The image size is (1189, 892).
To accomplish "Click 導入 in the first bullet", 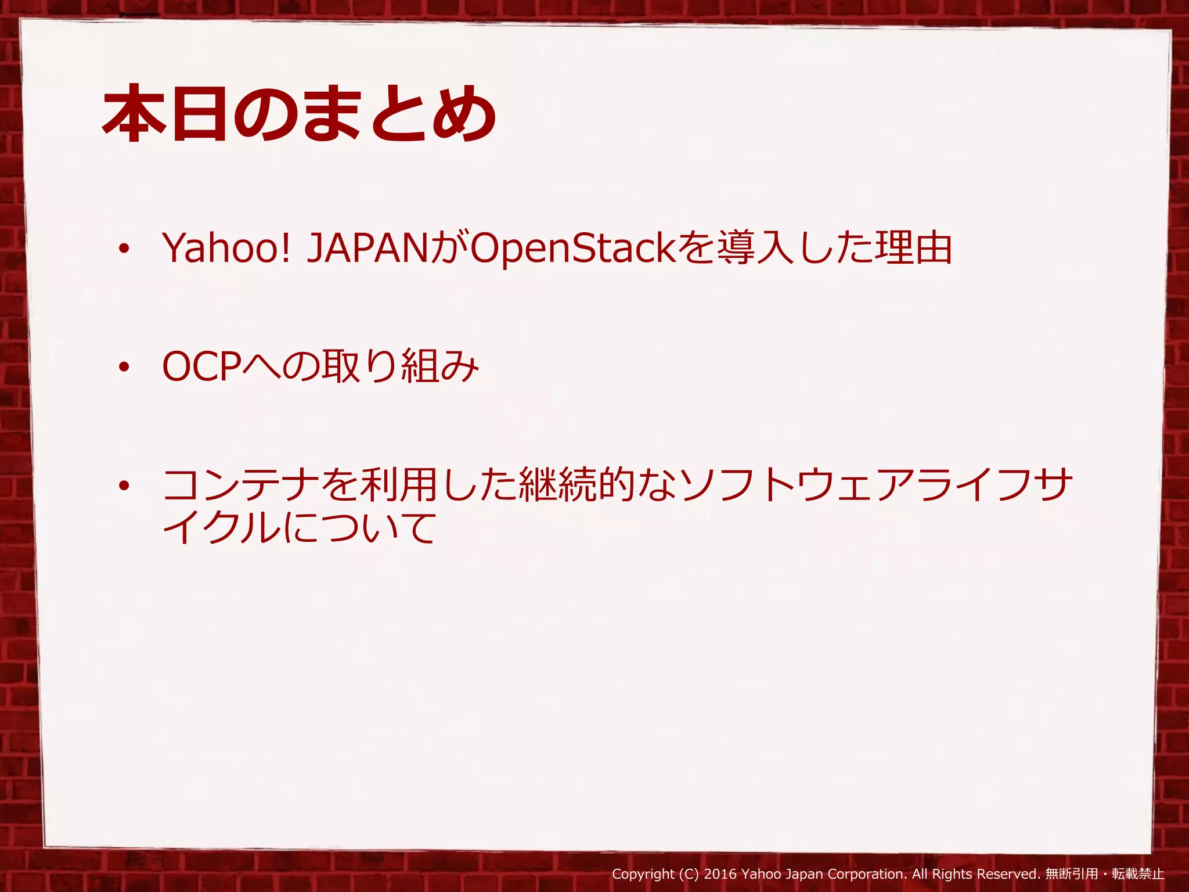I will [755, 248].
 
